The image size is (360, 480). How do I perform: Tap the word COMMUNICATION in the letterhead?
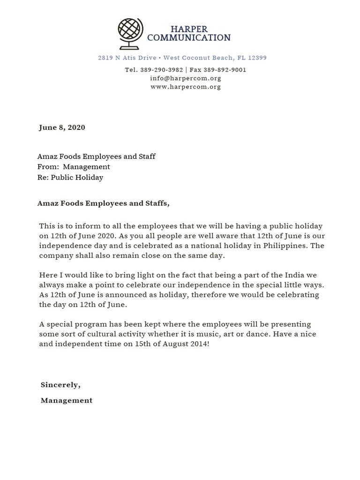[x=188, y=38]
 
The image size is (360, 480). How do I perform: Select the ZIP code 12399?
[x=258, y=58]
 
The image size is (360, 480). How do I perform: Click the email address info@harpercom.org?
[x=185, y=78]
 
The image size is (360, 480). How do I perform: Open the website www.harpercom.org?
[x=185, y=87]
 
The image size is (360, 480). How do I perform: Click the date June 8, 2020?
[x=62, y=127]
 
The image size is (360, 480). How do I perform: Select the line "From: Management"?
[x=74, y=167]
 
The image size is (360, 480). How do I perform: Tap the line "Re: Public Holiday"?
[x=70, y=178]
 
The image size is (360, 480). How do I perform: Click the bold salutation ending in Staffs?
[x=103, y=203]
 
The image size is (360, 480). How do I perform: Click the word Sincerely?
[x=60, y=385]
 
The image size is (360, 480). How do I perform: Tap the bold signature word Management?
[x=67, y=400]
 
